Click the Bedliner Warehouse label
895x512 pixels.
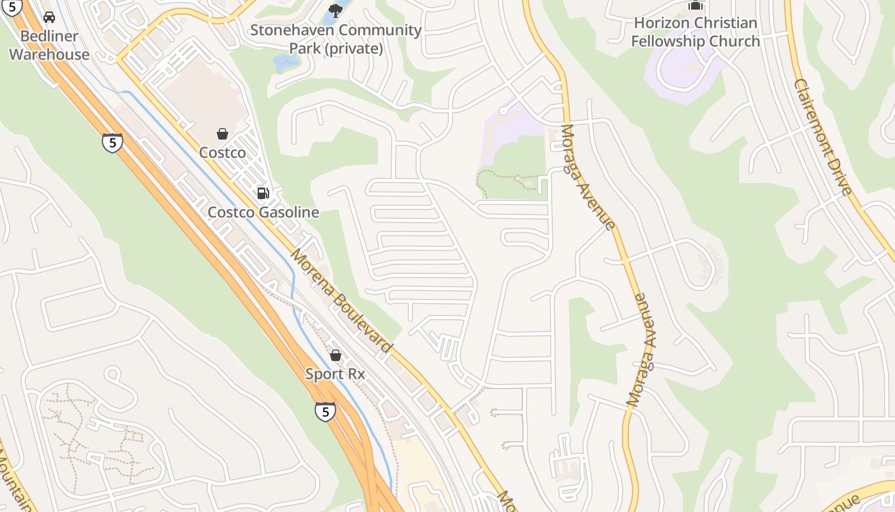pos(49,45)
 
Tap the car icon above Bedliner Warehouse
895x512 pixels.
pos(49,17)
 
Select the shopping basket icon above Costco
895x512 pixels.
pos(222,134)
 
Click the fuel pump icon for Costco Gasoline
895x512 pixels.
pos(263,193)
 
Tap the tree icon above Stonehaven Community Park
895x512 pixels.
pos(335,10)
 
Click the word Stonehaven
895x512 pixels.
pos(291,30)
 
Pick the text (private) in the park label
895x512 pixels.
pos(354,49)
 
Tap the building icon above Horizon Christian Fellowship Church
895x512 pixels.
pos(695,6)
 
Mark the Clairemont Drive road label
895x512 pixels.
pos(823,137)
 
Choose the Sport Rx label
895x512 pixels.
pos(335,374)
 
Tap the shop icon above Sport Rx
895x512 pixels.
pos(336,355)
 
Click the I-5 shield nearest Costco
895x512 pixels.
pos(113,142)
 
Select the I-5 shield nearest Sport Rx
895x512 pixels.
pos(325,411)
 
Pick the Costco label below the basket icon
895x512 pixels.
pos(222,153)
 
